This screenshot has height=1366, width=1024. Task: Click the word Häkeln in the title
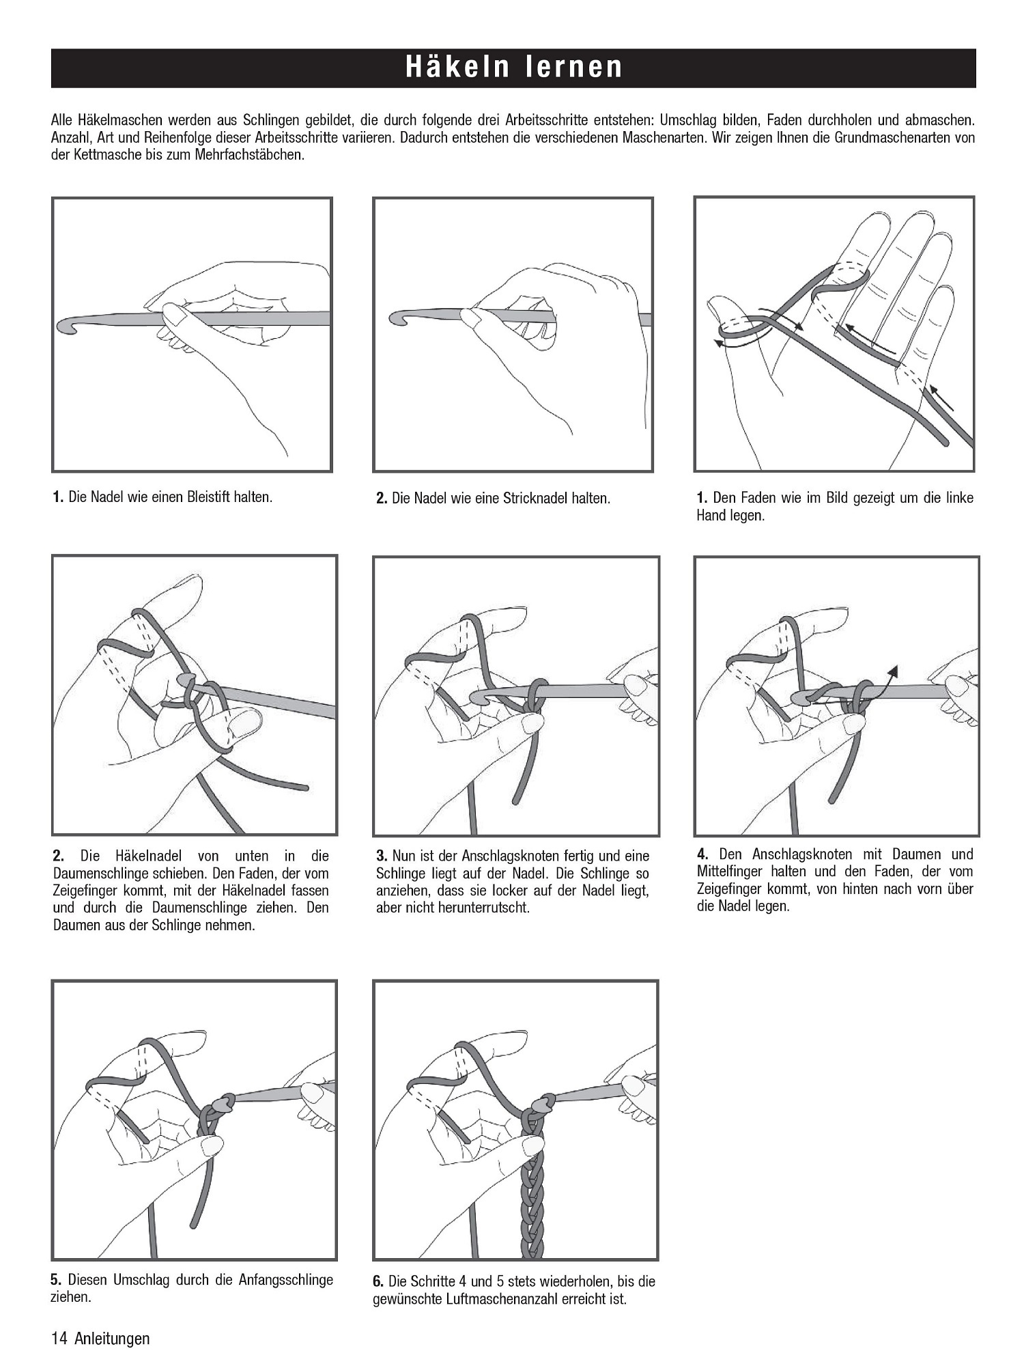point(457,68)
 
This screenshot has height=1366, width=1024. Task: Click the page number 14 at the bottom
point(59,1339)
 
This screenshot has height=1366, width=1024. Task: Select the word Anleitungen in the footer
point(112,1339)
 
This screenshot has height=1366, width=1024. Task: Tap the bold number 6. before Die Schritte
point(379,1281)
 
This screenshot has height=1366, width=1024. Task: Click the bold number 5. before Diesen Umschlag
point(57,1280)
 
